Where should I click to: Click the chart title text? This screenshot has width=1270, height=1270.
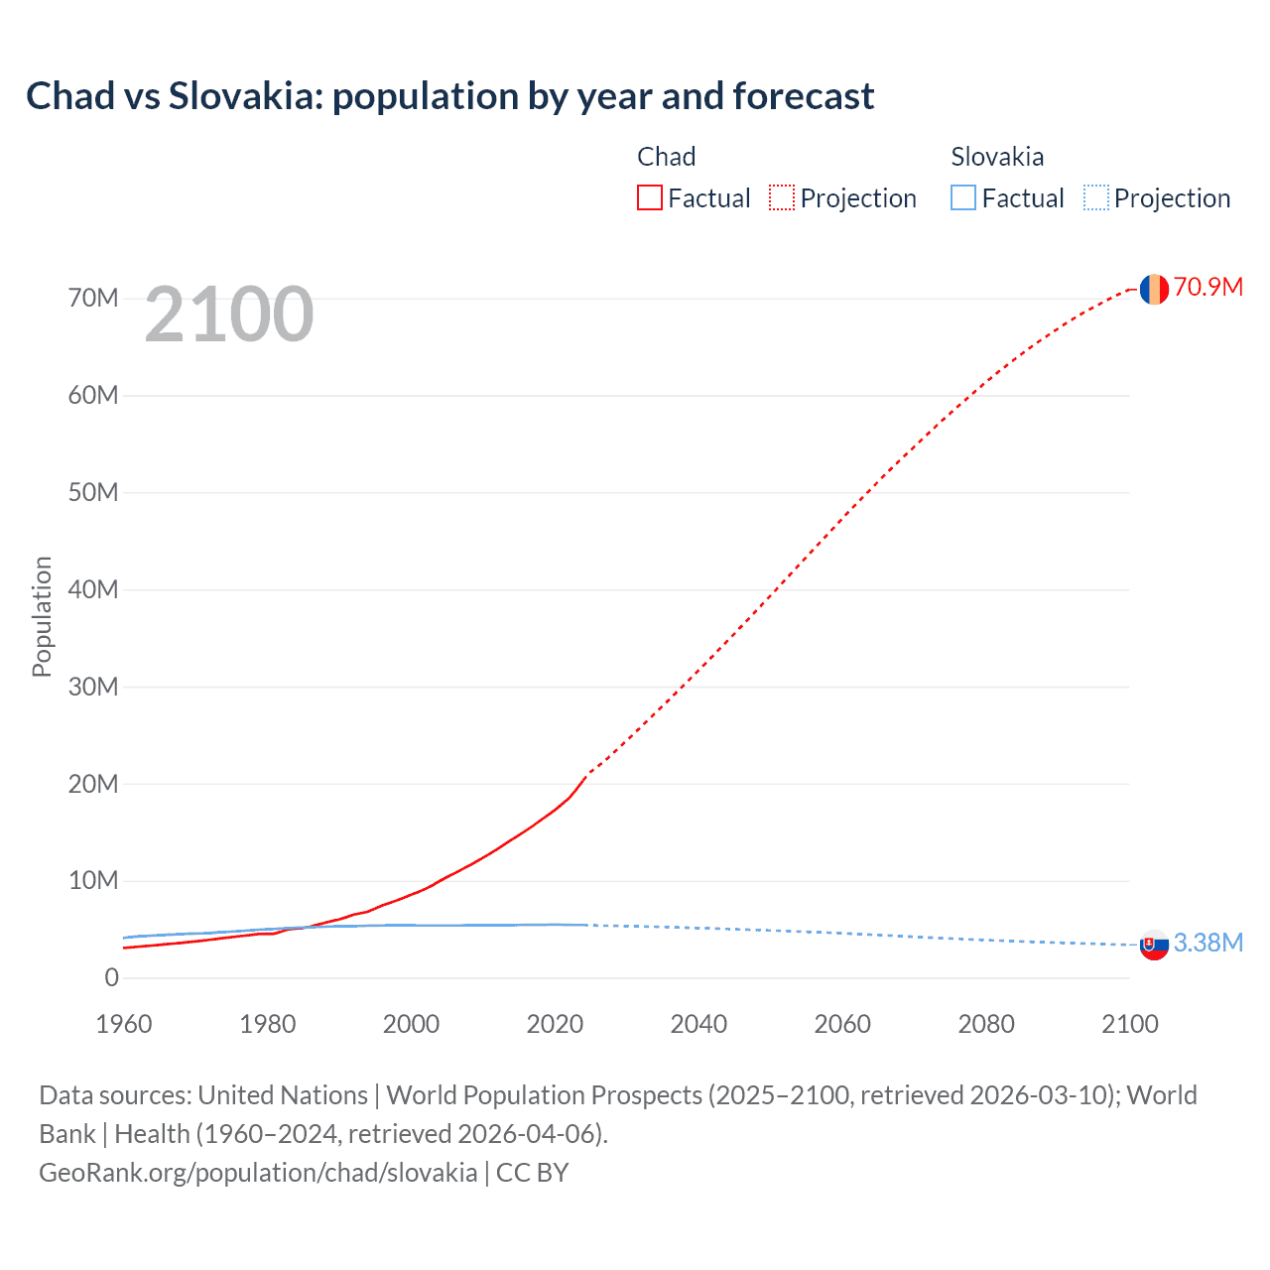[x=449, y=96]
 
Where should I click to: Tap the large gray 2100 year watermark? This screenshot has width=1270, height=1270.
[x=229, y=315]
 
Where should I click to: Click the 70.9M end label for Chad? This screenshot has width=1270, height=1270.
[x=1207, y=287]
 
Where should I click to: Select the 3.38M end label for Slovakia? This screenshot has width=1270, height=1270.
[x=1207, y=943]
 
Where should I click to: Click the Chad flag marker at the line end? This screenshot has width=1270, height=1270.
[x=1154, y=289]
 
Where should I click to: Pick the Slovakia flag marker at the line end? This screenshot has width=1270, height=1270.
[x=1154, y=945]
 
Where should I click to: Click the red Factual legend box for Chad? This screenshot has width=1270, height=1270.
[x=650, y=197]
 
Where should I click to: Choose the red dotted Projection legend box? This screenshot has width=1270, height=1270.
[x=782, y=197]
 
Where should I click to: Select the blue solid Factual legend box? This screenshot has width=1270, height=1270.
[x=963, y=197]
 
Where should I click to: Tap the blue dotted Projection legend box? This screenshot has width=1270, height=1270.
[x=1096, y=197]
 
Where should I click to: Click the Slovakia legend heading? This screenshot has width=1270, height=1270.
[x=997, y=157]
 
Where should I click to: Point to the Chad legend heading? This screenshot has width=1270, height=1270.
[x=666, y=157]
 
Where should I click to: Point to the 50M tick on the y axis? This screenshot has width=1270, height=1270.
[x=93, y=492]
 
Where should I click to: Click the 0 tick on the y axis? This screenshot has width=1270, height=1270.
[x=111, y=977]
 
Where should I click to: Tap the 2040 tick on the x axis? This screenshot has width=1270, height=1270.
[x=698, y=1024]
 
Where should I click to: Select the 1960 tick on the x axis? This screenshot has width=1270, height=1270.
[x=124, y=1024]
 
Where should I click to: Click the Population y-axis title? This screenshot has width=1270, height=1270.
[x=42, y=616]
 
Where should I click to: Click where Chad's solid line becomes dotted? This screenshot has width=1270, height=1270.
[x=587, y=774]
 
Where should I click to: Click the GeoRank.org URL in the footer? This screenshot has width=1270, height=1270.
[x=258, y=1172]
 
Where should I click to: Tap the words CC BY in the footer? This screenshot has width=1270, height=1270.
[x=533, y=1172]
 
